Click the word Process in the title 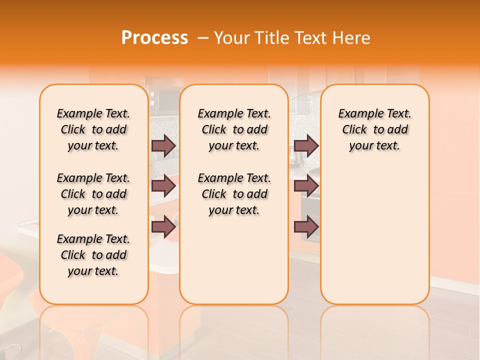tap(154, 38)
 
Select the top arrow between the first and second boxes tap(163, 145)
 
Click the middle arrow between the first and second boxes tap(163, 186)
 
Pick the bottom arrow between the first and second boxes tap(163, 227)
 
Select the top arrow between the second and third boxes tap(306, 145)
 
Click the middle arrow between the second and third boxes tap(306, 186)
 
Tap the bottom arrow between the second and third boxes tap(306, 227)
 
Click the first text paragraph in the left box tap(93, 129)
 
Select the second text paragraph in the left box tap(93, 194)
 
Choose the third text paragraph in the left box tap(93, 255)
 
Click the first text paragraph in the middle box tap(234, 129)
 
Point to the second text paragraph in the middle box tap(234, 194)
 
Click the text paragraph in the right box tap(374, 129)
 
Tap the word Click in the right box tap(354, 130)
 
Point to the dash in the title tap(203, 38)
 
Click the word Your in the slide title tap(231, 38)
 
